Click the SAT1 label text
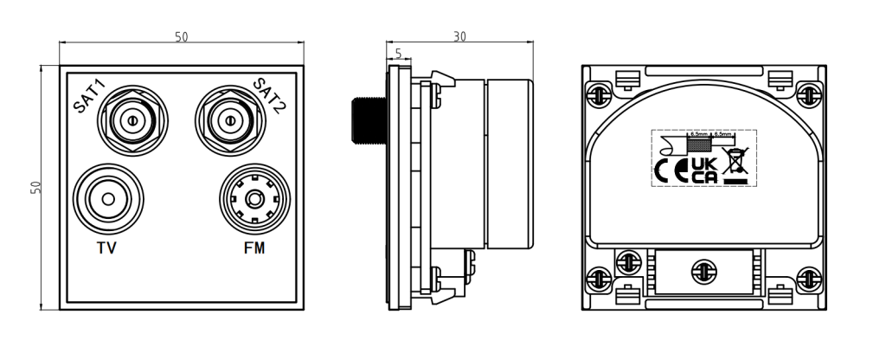pos(88,95)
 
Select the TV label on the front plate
pos(106,249)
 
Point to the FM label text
pos(254,249)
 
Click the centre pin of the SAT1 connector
pos(131,121)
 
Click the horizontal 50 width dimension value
pos(181,37)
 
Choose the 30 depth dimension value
pos(459,37)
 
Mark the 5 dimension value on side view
pos(397,54)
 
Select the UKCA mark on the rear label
pos(705,169)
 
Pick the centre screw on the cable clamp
pos(702,271)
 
